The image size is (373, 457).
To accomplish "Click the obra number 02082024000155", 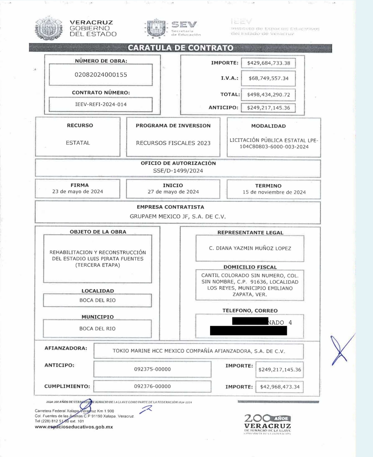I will pyautogui.click(x=101, y=75).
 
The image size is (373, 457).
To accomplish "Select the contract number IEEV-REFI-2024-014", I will pyautogui.click(x=101, y=104).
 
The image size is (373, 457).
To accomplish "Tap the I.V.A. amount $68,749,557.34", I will pyautogui.click(x=268, y=78).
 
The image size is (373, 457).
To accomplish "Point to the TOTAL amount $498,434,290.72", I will pyautogui.click(x=268, y=95).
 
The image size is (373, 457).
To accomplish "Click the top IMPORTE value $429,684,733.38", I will pyautogui.click(x=268, y=63).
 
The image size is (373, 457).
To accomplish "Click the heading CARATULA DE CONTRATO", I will pyautogui.click(x=181, y=48).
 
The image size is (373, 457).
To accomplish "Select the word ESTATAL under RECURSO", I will pyautogui.click(x=78, y=143).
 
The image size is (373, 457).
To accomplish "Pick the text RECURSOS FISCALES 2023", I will pyautogui.click(x=173, y=143).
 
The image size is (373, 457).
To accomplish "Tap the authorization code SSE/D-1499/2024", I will pyautogui.click(x=178, y=170).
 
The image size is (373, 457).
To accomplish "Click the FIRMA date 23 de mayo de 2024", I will pyautogui.click(x=77, y=192).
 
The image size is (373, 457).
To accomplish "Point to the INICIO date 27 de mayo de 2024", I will pyautogui.click(x=173, y=192).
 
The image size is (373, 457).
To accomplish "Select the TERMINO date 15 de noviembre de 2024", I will pyautogui.click(x=274, y=192).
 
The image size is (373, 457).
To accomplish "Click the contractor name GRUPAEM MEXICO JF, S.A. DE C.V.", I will pyautogui.click(x=178, y=217).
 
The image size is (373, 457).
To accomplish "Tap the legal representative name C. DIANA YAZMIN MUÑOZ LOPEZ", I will pyautogui.click(x=250, y=248).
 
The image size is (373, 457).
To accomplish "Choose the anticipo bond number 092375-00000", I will pyautogui.click(x=152, y=369).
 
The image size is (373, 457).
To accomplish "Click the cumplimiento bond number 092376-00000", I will pyautogui.click(x=152, y=386).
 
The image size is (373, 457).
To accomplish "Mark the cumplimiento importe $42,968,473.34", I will pyautogui.click(x=280, y=387).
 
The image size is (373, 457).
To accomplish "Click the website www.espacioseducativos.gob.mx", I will pyautogui.click(x=74, y=427).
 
